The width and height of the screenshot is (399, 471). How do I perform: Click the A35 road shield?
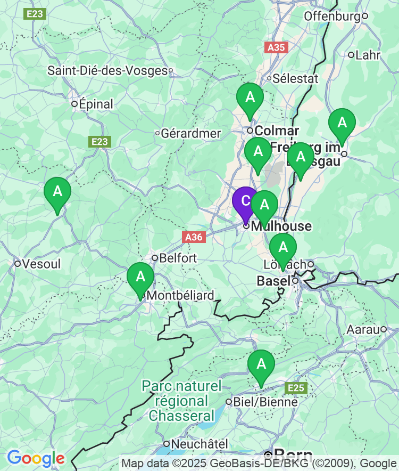[x=276, y=47]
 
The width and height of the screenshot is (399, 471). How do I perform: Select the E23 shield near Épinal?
[x=99, y=142]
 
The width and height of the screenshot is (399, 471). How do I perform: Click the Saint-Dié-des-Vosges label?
[x=107, y=70]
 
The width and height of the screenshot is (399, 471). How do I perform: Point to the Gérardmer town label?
[x=190, y=133]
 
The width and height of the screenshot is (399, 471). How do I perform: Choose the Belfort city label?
[x=178, y=258]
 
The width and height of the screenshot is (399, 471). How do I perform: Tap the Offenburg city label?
[x=332, y=17]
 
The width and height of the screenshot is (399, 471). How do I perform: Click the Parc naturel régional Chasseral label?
[x=181, y=401]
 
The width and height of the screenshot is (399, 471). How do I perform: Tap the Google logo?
[x=36, y=458]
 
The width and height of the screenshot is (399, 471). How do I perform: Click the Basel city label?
[x=273, y=281]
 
